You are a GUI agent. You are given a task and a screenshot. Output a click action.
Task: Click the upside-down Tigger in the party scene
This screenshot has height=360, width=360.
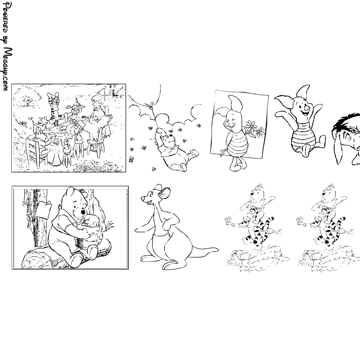click(x=54, y=108)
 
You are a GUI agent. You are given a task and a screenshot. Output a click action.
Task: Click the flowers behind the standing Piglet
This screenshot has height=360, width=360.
click(x=254, y=129)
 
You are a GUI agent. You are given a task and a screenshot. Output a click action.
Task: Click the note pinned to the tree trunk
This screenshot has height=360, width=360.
click(x=44, y=210)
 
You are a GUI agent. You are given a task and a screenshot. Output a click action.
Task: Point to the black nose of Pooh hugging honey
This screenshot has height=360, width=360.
click(x=83, y=213)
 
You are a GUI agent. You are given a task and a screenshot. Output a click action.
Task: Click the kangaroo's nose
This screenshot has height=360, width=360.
click(x=142, y=198)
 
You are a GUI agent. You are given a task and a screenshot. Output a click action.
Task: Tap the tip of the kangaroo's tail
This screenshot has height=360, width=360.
click(x=217, y=249)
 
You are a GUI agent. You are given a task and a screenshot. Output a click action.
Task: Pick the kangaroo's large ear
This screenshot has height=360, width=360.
click(x=164, y=193)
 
